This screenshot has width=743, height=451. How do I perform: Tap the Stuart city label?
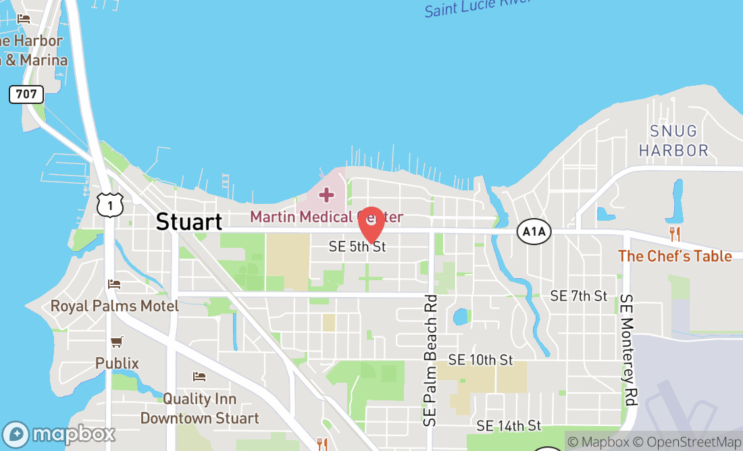click(x=188, y=221)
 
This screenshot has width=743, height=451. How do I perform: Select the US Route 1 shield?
click(x=109, y=204)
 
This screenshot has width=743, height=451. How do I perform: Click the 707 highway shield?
click(x=26, y=94)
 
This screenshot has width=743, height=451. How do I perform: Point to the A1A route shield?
click(x=534, y=232)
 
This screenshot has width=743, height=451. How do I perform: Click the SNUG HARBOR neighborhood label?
click(x=673, y=140)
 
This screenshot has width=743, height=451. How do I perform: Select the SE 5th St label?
click(x=357, y=247)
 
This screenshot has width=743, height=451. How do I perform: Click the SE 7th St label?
click(x=579, y=296)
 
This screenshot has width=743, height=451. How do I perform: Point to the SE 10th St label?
click(x=480, y=360)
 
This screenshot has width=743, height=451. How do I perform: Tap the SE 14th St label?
click(x=509, y=425)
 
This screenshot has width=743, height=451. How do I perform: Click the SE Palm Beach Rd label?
click(x=430, y=361)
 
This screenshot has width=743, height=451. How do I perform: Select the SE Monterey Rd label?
click(x=630, y=350)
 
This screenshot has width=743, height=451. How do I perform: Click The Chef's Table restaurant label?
click(x=674, y=257)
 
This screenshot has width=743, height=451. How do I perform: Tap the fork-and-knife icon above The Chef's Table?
click(x=674, y=234)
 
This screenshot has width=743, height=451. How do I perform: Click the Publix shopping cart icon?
click(x=117, y=342)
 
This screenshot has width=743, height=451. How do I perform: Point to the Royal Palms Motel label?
click(x=115, y=306)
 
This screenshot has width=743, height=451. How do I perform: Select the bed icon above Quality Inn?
click(x=199, y=376)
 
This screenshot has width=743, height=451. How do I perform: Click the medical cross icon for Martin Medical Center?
click(x=326, y=196)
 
